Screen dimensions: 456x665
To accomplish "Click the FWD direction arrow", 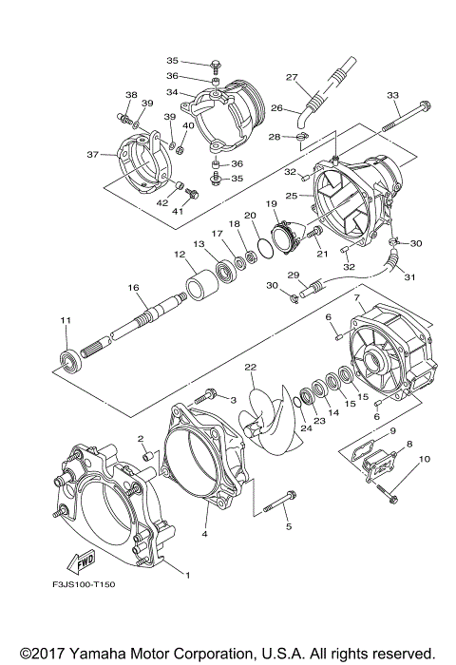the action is coord(81,562).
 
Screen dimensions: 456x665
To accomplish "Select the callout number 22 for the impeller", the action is coord(250,367).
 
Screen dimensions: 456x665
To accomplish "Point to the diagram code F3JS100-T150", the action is coord(84,584).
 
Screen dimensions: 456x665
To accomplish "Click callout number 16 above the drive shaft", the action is coord(133,288).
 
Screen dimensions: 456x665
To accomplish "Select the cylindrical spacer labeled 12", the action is coord(202,285).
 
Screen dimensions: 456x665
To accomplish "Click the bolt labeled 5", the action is coord(279,502).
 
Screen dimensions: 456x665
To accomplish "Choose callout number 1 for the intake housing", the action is coord(187,575).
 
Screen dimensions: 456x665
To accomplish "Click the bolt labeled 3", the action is coord(205,396).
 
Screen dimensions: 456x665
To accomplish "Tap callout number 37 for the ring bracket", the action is coord(93,155).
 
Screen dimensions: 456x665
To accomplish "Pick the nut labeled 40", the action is coord(180,149).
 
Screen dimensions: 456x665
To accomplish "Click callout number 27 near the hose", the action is coord(292,77).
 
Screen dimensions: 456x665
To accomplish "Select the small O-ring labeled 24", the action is coord(297,402).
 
